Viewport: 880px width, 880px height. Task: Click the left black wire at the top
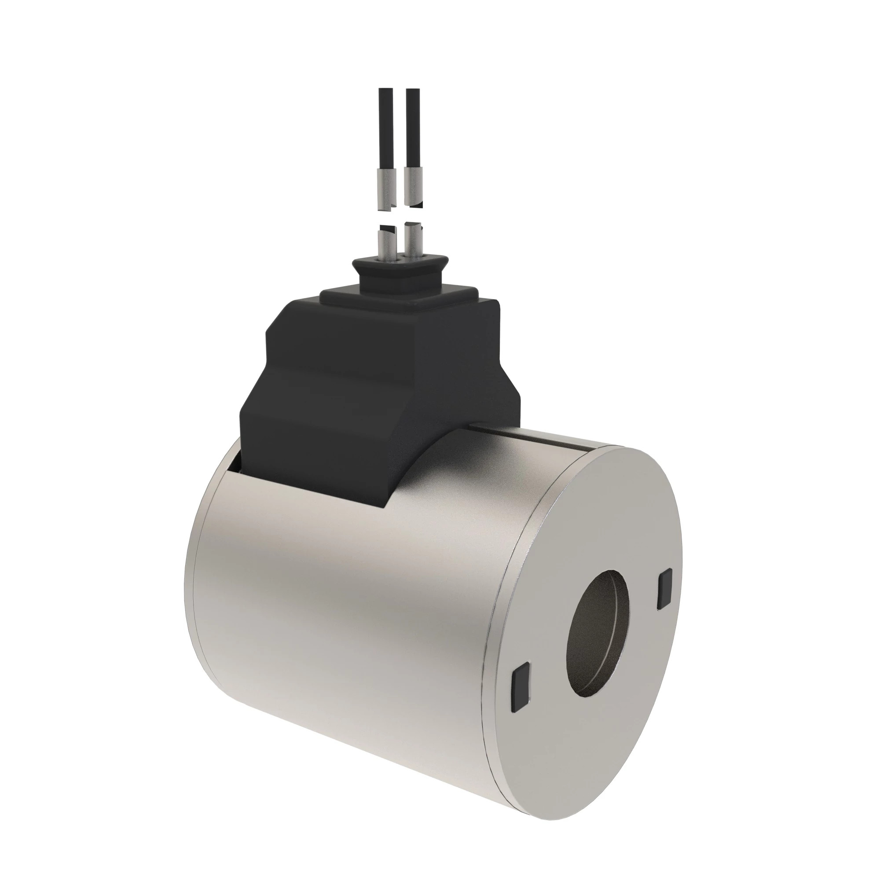385,128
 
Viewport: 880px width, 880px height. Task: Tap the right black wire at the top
412,128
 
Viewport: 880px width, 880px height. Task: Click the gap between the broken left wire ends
385,217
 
